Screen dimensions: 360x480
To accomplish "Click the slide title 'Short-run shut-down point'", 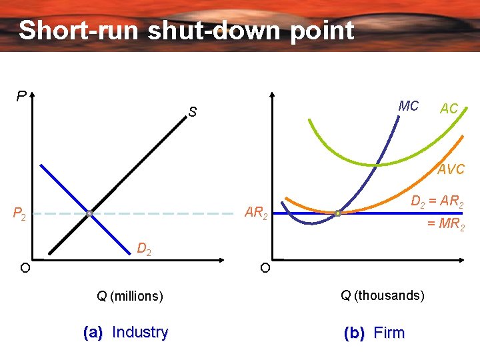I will (186, 31).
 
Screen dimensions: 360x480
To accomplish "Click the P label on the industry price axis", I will (21, 97).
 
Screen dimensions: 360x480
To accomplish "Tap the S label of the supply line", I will (192, 113).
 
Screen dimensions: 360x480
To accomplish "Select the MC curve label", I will (408, 106).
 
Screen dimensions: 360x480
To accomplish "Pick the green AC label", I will (449, 109).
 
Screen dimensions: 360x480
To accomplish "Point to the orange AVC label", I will (451, 169).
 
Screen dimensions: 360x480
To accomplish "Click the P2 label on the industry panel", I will (19, 215).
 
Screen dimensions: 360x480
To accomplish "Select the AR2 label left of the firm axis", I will (256, 213).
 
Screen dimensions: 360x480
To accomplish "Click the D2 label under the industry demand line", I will (143, 249).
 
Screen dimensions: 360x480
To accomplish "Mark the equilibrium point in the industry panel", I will (89, 214).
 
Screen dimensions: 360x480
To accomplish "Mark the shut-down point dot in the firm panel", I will (337, 213).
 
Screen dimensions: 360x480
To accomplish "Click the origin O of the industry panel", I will (24, 268).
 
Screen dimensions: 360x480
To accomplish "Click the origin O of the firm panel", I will (265, 269).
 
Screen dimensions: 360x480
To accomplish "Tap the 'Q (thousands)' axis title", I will (382, 295).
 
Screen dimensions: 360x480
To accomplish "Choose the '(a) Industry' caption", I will (125, 332).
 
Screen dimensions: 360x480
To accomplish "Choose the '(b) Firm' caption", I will (373, 333).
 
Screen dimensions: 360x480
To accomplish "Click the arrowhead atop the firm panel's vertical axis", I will (274, 95).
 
